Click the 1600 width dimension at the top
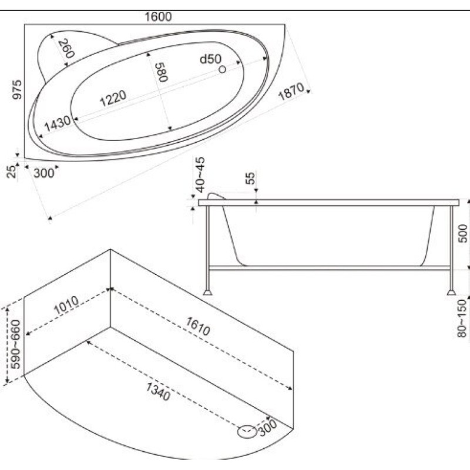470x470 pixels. click(158, 17)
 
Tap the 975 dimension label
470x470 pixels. click(17, 89)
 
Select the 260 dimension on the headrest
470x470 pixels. click(66, 49)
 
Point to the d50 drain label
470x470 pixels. click(210, 59)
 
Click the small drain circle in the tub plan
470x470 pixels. click(222, 69)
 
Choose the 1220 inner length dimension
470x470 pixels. click(113, 98)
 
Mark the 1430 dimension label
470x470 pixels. click(58, 123)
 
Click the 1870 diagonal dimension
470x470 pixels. click(291, 92)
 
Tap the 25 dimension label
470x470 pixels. click(12, 172)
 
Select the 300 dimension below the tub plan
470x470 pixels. click(43, 173)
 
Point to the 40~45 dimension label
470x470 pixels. click(200, 174)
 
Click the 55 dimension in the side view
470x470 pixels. click(251, 178)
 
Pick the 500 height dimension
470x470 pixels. click(463, 233)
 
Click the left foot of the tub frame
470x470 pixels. click(207, 292)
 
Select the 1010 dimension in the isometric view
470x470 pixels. click(66, 305)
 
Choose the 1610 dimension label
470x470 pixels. click(198, 327)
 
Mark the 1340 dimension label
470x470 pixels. click(158, 392)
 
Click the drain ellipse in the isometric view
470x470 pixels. click(247, 432)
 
